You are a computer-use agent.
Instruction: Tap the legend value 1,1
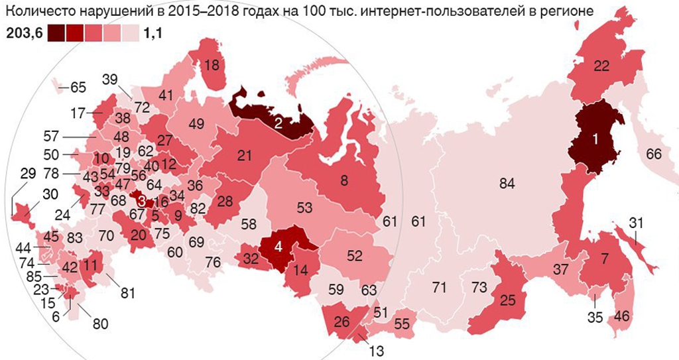pyautogui.click(x=153, y=32)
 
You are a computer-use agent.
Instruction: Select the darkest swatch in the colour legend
pyautogui.click(x=56, y=32)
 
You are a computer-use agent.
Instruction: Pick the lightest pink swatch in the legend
pyautogui.click(x=130, y=32)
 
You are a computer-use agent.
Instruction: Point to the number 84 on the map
pyautogui.click(x=507, y=184)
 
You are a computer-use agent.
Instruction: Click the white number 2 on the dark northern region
pyautogui.click(x=279, y=122)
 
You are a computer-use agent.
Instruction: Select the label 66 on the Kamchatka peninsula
pyautogui.click(x=654, y=154)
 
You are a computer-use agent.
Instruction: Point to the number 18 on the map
pyautogui.click(x=212, y=65)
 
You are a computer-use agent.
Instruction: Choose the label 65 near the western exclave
pyautogui.click(x=78, y=87)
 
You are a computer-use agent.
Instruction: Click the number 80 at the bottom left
pyautogui.click(x=101, y=324)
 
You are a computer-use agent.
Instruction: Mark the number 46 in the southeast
pyautogui.click(x=623, y=316)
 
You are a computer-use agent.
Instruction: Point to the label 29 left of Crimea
pyautogui.click(x=28, y=175)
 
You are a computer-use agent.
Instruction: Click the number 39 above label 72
pyautogui.click(x=110, y=80)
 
